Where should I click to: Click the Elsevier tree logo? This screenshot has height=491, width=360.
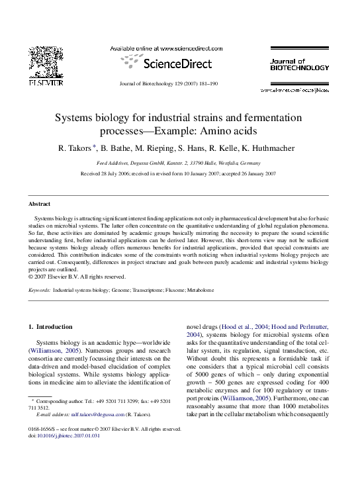[x=46, y=63]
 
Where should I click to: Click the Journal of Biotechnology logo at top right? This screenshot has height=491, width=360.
[x=299, y=64]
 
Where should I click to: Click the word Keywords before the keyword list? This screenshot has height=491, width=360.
[x=38, y=290]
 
